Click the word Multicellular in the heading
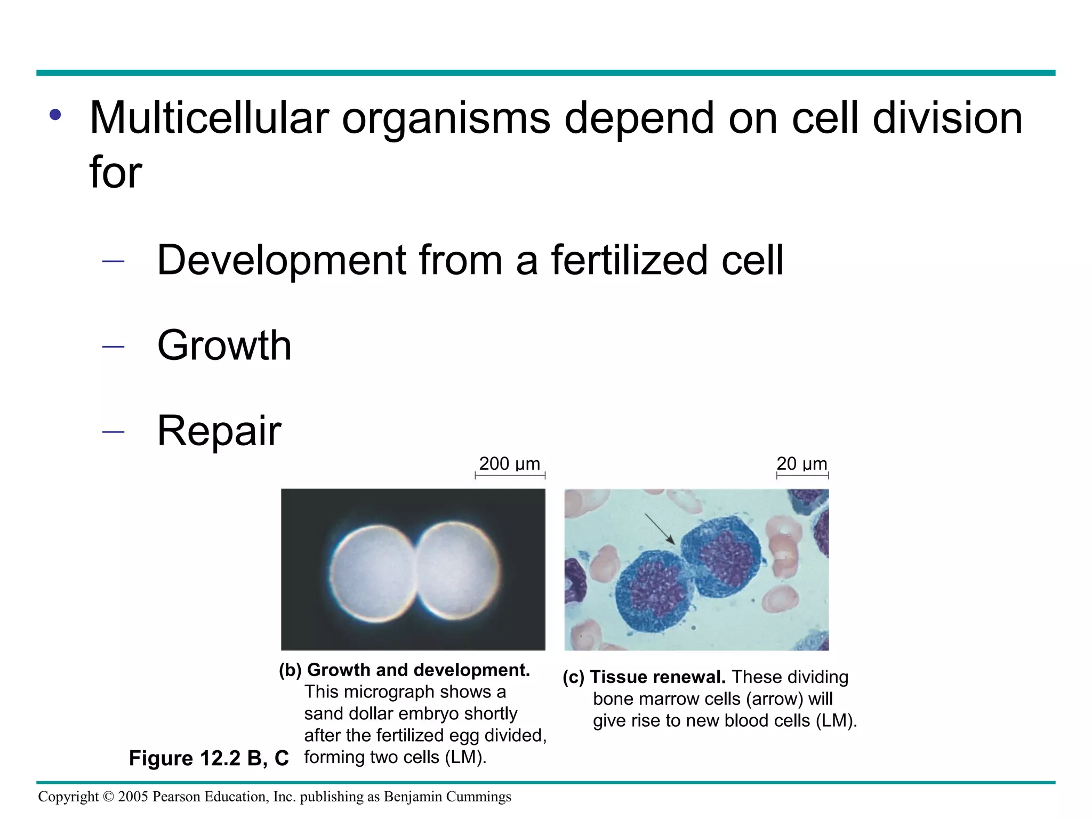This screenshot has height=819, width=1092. pyautogui.click(x=209, y=118)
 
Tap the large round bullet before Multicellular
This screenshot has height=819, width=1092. pyautogui.click(x=55, y=115)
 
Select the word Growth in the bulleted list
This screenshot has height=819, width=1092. pyautogui.click(x=224, y=346)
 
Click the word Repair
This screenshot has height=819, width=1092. pyautogui.click(x=219, y=431)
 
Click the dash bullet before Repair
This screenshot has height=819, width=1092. pyautogui.click(x=113, y=431)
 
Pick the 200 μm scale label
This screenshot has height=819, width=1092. pyautogui.click(x=509, y=464)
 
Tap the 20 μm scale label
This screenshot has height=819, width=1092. pyautogui.click(x=801, y=464)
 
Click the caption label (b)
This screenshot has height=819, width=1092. pyautogui.click(x=290, y=670)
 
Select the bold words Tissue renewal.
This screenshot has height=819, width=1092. pyautogui.click(x=657, y=677)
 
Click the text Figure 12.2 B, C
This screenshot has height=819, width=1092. pyautogui.click(x=208, y=758)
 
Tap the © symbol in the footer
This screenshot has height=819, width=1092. pyautogui.click(x=108, y=797)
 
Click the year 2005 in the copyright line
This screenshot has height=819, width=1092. pyautogui.click(x=133, y=797)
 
